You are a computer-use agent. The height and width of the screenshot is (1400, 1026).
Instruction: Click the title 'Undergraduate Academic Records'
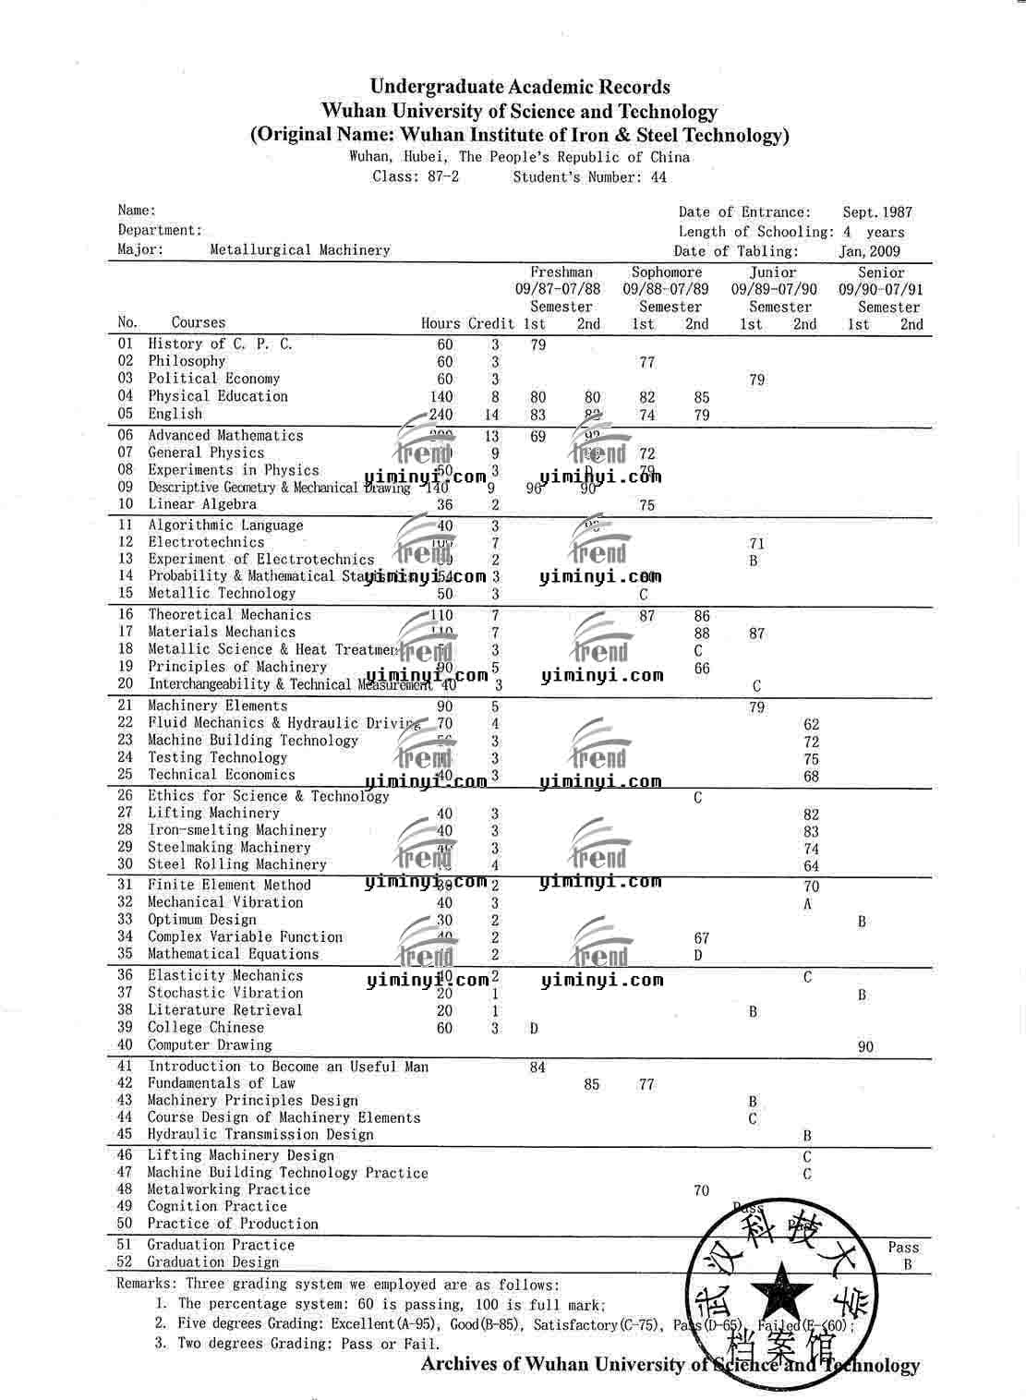(x=520, y=87)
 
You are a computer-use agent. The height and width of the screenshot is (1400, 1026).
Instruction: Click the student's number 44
(x=658, y=177)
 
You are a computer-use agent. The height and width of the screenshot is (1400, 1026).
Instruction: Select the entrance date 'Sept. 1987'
(x=876, y=212)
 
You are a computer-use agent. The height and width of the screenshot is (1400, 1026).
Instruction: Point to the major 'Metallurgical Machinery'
(x=300, y=249)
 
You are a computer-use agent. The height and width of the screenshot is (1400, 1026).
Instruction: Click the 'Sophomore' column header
(x=666, y=272)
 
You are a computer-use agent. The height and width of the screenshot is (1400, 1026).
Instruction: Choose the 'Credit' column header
(x=491, y=323)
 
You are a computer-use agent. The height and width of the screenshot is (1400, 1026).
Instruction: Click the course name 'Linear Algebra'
(x=202, y=504)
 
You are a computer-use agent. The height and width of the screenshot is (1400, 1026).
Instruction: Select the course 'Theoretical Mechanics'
(x=229, y=615)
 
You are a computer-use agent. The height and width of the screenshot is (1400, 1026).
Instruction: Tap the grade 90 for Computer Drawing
(x=865, y=1047)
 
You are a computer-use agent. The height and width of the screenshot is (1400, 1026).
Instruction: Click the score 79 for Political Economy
(x=756, y=380)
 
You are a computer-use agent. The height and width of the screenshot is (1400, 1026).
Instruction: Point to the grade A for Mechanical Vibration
(x=807, y=904)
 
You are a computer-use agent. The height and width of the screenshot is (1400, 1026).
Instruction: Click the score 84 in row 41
(x=537, y=1068)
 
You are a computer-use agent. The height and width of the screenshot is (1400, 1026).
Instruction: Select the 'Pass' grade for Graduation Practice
(x=903, y=1247)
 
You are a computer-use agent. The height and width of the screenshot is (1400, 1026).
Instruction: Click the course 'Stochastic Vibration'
(x=225, y=993)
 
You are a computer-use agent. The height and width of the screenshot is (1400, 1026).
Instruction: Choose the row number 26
(x=126, y=796)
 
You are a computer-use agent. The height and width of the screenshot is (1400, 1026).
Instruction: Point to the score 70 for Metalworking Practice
(x=701, y=1190)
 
